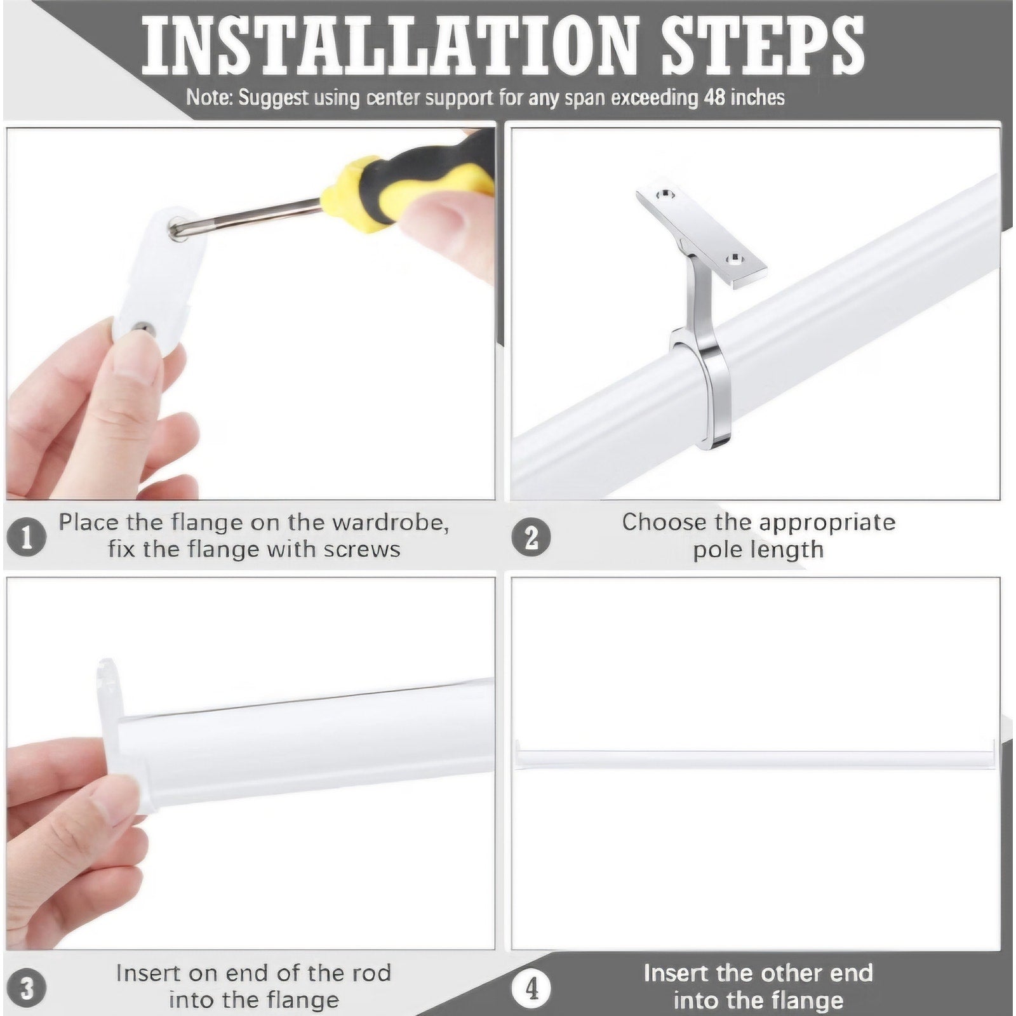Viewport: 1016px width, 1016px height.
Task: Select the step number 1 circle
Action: pyautogui.click(x=26, y=537)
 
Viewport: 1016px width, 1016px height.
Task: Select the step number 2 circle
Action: pyautogui.click(x=531, y=537)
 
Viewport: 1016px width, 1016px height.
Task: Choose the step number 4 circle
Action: pyautogui.click(x=531, y=988)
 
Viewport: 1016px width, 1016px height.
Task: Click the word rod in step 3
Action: pyautogui.click(x=373, y=973)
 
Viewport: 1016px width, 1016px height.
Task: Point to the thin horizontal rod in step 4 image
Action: pyautogui.click(x=755, y=759)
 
